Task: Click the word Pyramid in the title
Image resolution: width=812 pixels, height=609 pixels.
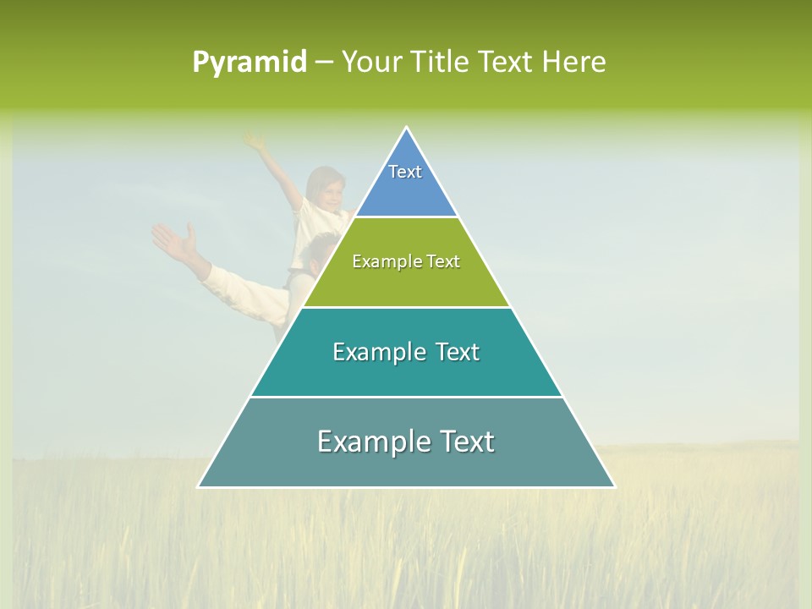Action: (250, 62)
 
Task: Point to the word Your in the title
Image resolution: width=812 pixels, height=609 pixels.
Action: (371, 62)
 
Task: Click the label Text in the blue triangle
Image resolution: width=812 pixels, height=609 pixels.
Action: (405, 172)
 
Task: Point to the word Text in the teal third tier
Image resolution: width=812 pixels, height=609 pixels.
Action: (452, 352)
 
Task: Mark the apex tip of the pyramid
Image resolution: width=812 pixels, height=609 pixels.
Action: (406, 129)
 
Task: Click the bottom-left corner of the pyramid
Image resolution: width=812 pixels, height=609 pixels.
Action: (200, 486)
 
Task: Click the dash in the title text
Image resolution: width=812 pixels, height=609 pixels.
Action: (324, 62)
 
